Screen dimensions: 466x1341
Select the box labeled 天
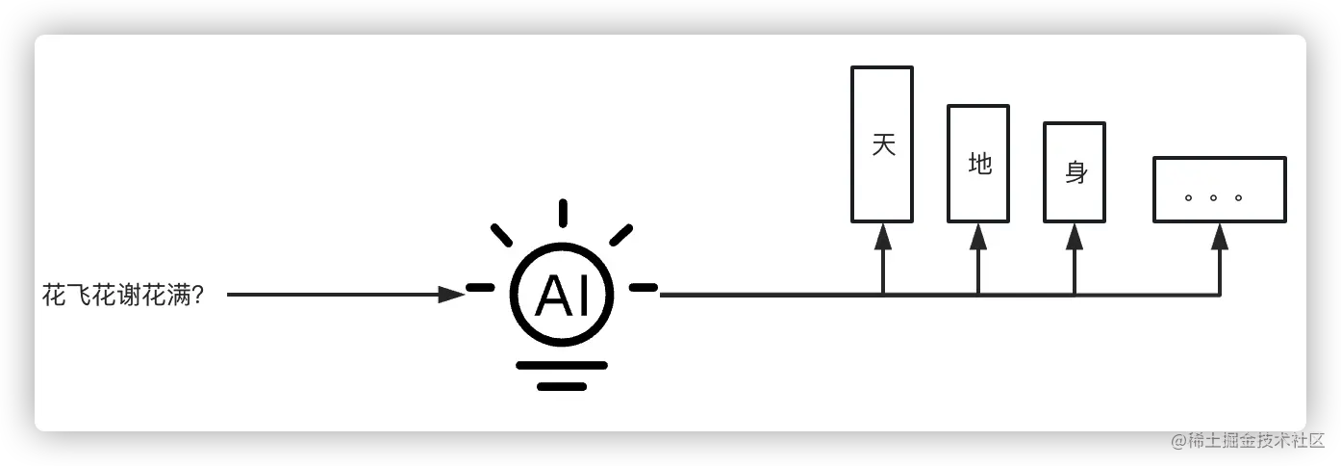pos(882,144)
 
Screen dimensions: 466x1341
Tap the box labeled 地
pos(978,164)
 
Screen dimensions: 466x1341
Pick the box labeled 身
pos(1075,172)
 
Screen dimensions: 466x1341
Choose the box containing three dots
pos(1220,190)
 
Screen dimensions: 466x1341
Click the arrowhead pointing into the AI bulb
pos(451,295)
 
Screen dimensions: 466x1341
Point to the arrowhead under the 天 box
pos(882,237)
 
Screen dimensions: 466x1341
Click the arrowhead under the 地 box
pos(978,237)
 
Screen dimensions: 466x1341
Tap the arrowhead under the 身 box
pos(1075,237)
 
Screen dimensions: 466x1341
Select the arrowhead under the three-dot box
pos(1220,237)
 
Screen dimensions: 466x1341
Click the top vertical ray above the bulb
pos(563,213)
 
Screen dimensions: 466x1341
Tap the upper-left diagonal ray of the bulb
pos(502,234)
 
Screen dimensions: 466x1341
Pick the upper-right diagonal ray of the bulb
pos(621,234)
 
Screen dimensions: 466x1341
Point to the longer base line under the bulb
pos(562,365)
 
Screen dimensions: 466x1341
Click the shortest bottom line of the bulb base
pos(562,386)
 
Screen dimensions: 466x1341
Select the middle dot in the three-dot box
pos(1213,198)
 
